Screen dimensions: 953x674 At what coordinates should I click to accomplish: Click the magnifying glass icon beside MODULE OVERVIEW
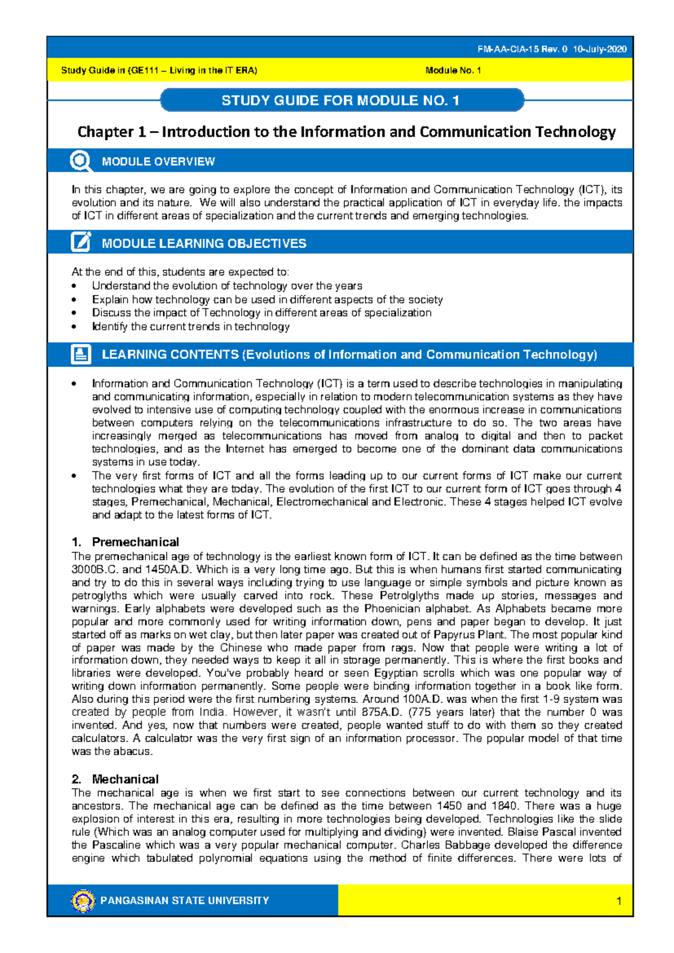81,161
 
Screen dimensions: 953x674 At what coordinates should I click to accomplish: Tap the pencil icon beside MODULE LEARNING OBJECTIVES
81,242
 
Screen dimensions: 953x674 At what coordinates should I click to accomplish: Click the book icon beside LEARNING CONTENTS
81,355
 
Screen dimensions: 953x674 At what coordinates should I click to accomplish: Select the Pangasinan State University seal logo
83,901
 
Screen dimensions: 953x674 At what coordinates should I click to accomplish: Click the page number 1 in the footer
618,901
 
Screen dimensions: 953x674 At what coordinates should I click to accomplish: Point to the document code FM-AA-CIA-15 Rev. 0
522,49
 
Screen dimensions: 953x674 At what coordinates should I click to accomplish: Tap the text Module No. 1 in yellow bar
453,70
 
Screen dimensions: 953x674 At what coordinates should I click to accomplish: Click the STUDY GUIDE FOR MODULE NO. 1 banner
340,101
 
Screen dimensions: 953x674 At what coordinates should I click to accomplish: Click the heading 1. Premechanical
125,542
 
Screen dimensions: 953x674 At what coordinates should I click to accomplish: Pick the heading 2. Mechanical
115,779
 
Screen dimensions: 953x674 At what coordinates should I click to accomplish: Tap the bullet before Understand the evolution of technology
74,286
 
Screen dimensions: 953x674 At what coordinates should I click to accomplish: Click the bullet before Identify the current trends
74,327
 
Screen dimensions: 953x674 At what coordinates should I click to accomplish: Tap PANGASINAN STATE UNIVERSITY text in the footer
185,901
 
